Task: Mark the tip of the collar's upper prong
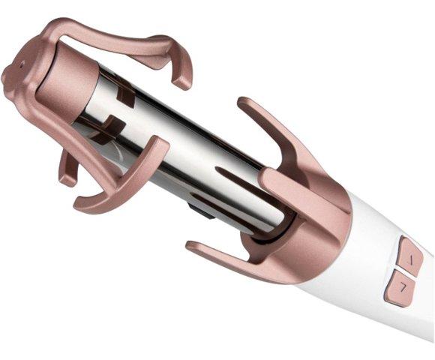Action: [x=244, y=104]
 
